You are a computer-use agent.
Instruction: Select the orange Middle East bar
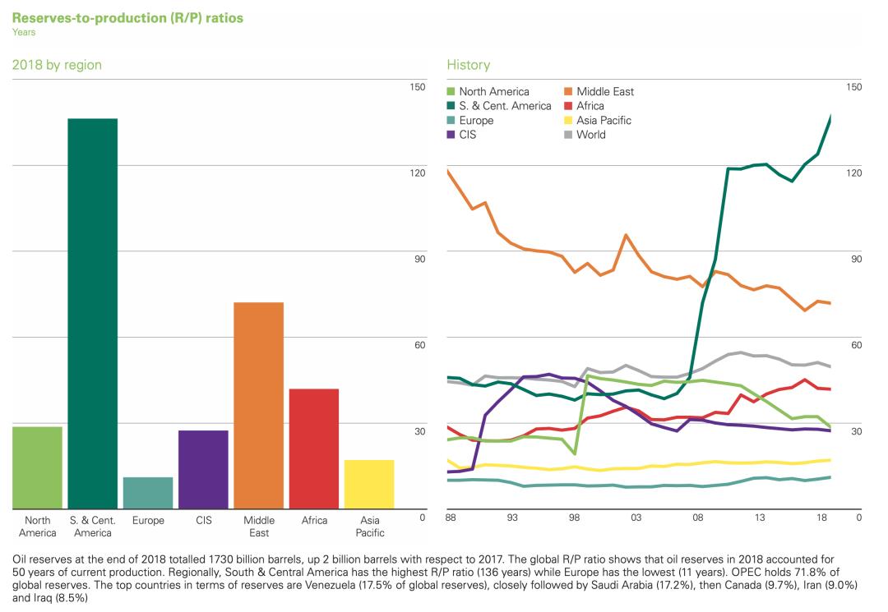coord(258,406)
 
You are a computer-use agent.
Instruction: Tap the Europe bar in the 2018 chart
coord(148,493)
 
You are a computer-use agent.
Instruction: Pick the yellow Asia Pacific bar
coord(368,485)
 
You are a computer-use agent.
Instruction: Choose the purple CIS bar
coord(203,470)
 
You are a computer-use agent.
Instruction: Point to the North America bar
coord(37,467)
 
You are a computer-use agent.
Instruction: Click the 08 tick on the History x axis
coord(697,518)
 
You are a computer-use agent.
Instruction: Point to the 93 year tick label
coord(512,518)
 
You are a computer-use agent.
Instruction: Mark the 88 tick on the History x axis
coord(451,518)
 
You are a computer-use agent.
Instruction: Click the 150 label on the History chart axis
coord(853,86)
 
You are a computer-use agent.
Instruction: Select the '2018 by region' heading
coord(57,65)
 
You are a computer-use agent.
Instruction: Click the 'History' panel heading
coord(468,65)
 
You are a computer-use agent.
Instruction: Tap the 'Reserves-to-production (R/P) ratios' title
coord(127,17)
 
